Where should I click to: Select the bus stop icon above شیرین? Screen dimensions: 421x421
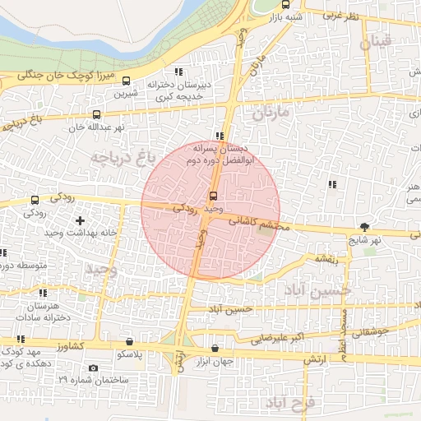coord(126,81)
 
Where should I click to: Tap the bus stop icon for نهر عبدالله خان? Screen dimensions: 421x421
coord(97,115)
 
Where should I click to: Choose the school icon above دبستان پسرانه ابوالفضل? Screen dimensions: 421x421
coord(218,136)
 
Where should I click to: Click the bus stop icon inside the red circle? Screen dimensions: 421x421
coord(214,196)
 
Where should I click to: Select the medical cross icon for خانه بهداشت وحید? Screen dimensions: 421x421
coord(80,220)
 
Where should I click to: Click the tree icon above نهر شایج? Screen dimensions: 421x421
coord(365,226)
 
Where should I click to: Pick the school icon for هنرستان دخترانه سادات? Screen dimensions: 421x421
coord(42,293)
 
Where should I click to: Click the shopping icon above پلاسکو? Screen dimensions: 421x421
coord(129,341)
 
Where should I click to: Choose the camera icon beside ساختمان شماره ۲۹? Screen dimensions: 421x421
coord(93,368)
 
